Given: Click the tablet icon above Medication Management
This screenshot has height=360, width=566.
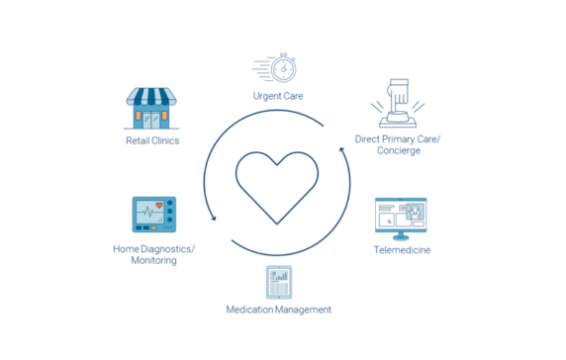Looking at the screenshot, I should pos(278,284).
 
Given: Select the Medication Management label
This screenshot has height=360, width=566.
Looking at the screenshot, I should pos(278,311).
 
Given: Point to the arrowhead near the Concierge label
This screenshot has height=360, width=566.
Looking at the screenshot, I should pos(343,153).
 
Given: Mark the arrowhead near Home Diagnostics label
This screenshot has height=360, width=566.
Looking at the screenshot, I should pos(211,220).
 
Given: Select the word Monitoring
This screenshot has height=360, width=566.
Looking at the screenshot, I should pos(153,261).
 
